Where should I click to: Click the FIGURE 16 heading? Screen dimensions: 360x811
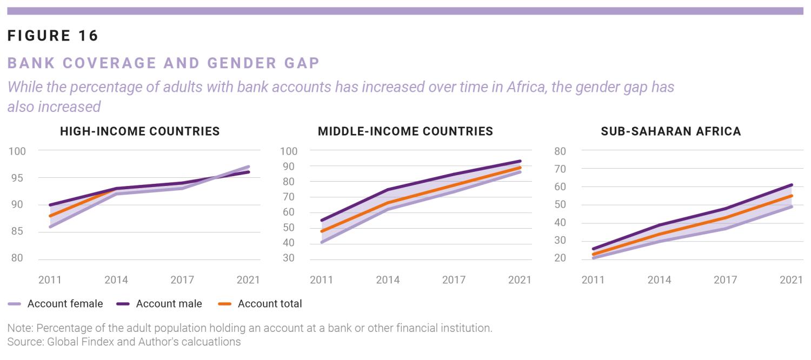[53, 36]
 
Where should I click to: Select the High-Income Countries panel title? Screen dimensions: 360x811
[139, 131]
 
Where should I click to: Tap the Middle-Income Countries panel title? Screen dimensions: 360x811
[405, 131]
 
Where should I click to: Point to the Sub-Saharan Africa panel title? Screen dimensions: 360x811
[671, 131]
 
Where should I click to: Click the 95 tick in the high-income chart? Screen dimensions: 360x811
[18, 178]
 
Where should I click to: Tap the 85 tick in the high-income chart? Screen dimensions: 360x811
[18, 232]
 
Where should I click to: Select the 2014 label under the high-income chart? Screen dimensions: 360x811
[116, 280]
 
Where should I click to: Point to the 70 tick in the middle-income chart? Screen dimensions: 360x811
[288, 197]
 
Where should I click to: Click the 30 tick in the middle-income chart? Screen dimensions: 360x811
[288, 258]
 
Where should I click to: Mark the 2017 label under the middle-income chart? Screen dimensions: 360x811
[454, 280]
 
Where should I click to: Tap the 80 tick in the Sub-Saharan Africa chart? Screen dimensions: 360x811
[560, 151]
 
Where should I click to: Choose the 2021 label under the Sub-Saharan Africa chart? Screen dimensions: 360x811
[791, 280]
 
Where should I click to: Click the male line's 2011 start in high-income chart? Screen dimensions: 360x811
[50, 205]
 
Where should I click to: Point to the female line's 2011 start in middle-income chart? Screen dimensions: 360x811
[322, 242]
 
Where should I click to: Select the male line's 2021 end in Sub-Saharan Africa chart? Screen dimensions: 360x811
[792, 185]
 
